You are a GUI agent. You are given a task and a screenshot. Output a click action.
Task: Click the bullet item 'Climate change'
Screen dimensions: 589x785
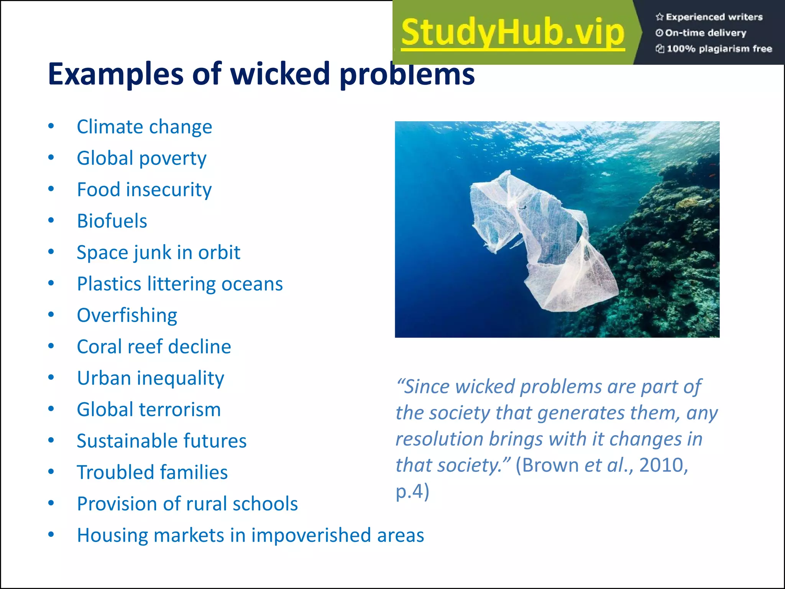click(x=144, y=127)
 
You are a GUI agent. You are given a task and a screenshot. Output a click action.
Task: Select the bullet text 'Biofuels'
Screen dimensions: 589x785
click(x=112, y=221)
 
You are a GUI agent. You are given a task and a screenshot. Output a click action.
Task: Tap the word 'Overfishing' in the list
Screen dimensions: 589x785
click(x=127, y=316)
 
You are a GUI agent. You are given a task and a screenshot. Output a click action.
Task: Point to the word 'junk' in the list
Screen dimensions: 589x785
click(x=151, y=253)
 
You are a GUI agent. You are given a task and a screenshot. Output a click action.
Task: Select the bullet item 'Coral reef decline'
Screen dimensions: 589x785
click(x=154, y=347)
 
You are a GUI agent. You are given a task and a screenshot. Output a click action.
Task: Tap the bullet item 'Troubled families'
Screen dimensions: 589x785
click(x=152, y=472)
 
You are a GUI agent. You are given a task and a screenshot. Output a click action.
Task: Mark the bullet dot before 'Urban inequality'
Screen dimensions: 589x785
click(x=51, y=378)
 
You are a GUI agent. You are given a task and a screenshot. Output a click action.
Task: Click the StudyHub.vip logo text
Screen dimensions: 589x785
click(x=513, y=33)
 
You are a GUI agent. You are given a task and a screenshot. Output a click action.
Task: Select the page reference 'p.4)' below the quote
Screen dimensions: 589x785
click(x=412, y=492)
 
